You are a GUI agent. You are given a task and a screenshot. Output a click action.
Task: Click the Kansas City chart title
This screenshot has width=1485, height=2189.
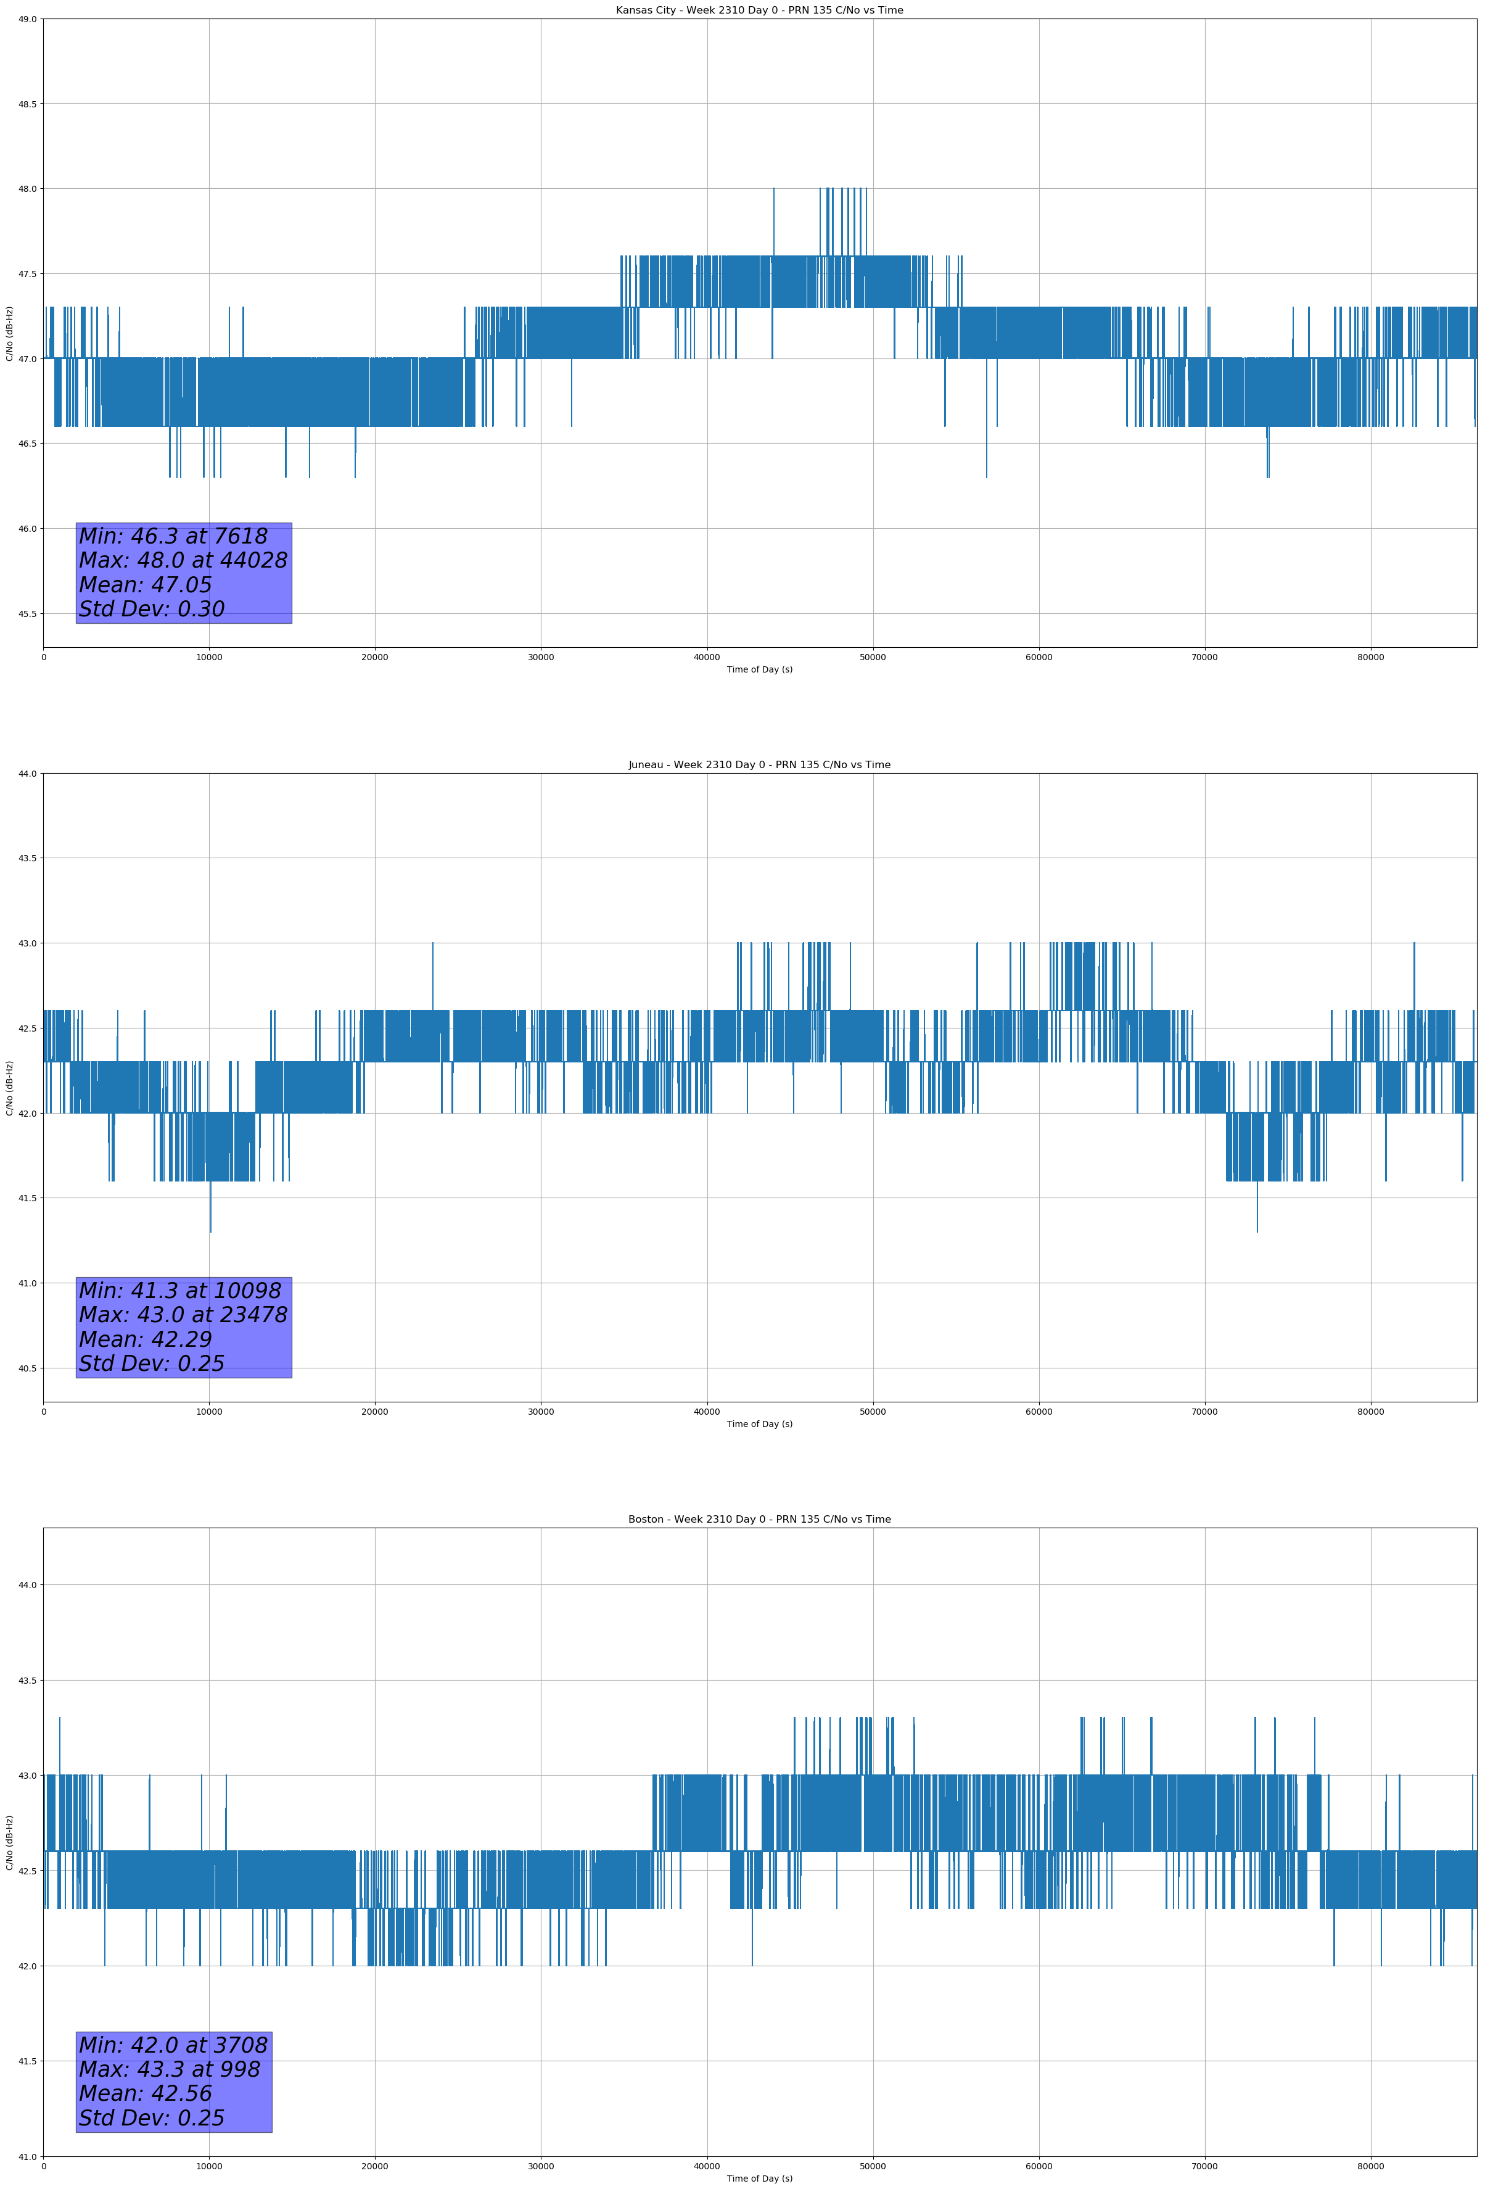tap(759, 10)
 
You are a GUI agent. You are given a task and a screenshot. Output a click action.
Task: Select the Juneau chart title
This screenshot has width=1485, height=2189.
tap(759, 765)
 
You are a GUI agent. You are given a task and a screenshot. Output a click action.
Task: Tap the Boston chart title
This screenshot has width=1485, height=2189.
tap(759, 1520)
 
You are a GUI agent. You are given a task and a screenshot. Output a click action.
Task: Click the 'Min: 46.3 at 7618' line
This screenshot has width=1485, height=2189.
tap(173, 536)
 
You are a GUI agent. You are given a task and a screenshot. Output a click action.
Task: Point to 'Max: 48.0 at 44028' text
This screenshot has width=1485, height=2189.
tap(183, 560)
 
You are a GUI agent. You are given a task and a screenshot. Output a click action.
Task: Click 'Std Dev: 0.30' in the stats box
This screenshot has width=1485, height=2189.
tap(152, 610)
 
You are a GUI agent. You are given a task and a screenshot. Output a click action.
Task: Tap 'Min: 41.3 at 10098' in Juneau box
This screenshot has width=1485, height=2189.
tap(180, 1291)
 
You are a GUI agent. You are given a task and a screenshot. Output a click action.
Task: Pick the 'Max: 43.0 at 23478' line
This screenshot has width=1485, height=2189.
tap(183, 1315)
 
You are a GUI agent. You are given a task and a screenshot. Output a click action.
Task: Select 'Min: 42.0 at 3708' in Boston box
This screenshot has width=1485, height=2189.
tap(173, 2045)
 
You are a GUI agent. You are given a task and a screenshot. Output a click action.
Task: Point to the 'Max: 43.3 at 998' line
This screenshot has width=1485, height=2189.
tap(170, 2069)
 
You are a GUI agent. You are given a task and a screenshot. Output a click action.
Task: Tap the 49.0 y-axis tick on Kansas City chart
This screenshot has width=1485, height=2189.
tap(27, 19)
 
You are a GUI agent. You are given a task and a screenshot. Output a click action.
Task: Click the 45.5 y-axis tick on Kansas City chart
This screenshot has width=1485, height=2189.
tap(27, 614)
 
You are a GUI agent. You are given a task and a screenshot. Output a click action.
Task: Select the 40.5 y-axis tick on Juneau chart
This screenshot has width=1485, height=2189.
tap(27, 1368)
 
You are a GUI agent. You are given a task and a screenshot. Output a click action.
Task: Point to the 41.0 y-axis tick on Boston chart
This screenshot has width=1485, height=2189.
tap(27, 2157)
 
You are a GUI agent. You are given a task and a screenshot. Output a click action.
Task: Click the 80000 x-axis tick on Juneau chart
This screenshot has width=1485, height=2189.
tap(1370, 1412)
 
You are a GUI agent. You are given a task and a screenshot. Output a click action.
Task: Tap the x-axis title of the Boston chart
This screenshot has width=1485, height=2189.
tap(759, 2179)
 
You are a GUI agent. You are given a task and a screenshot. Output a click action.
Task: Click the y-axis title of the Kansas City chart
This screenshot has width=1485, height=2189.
tap(9, 333)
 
